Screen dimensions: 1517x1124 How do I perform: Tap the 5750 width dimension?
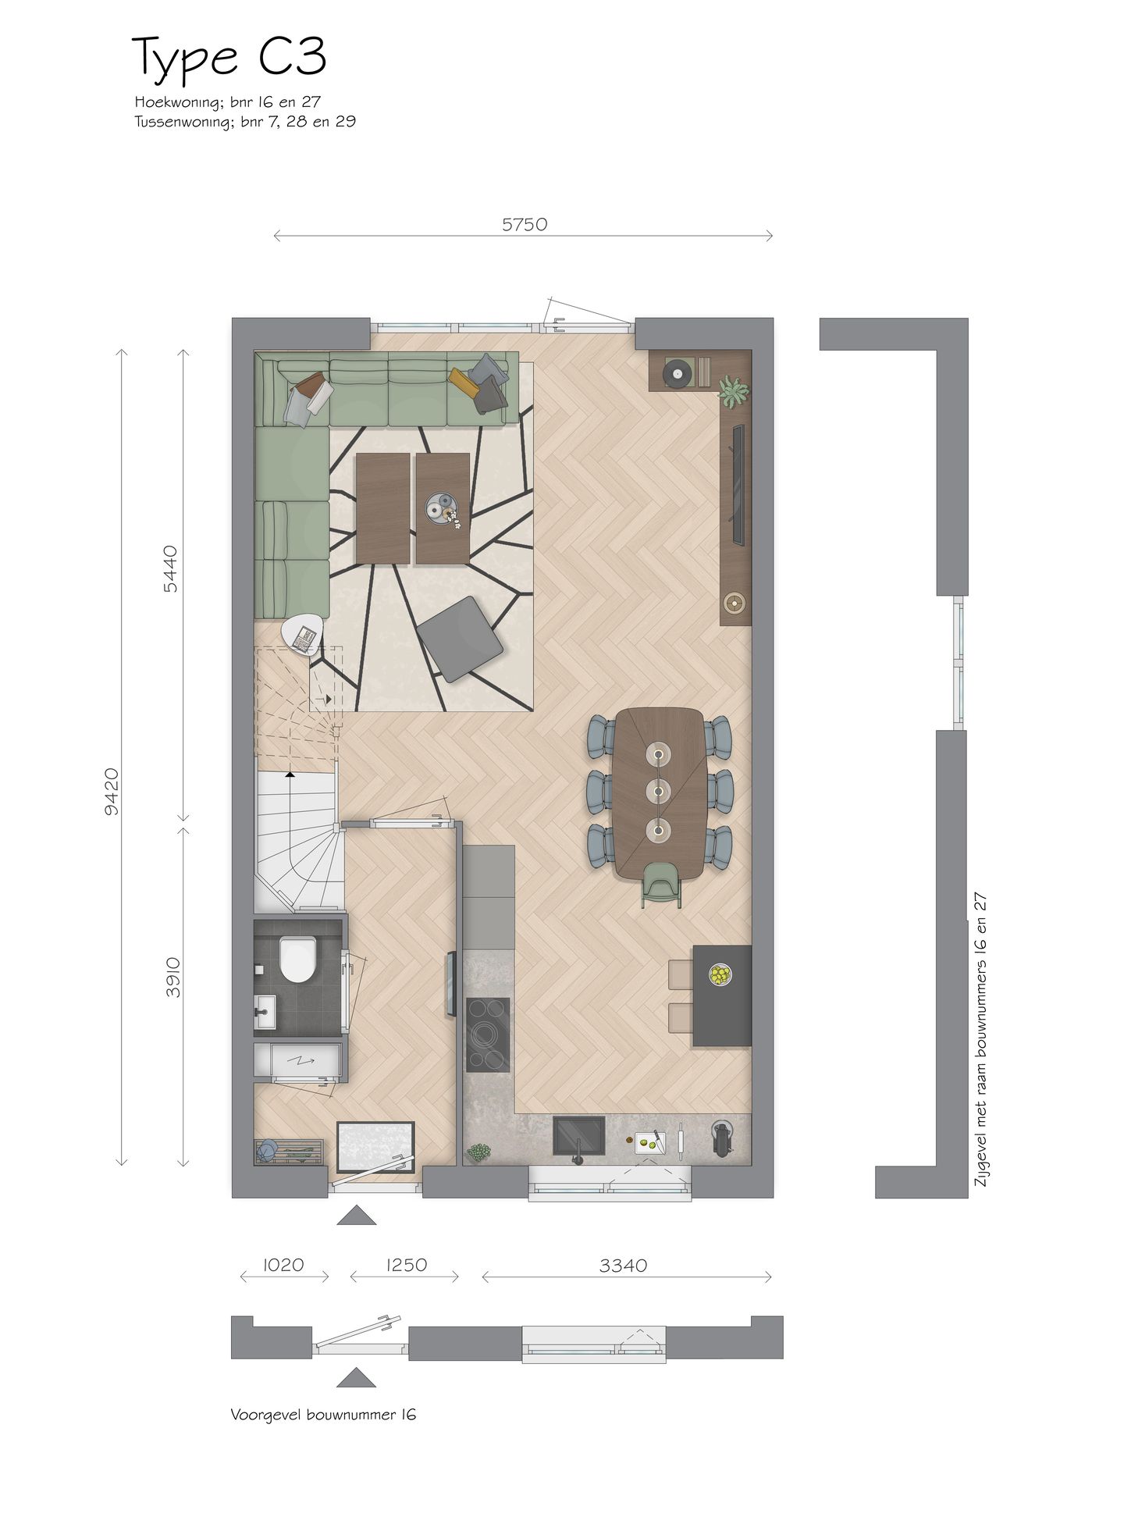point(524,225)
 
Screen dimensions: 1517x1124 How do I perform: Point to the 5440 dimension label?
point(171,568)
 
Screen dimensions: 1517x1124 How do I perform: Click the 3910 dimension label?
point(173,977)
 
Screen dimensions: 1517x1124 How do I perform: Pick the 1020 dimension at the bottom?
point(283,1264)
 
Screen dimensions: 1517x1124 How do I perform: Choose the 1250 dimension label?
point(406,1264)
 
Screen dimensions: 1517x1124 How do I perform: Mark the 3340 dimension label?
point(623,1265)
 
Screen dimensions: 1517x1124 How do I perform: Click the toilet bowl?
point(297,960)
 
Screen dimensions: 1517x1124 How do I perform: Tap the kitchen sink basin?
point(578,1134)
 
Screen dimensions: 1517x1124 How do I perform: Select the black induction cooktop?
point(488,1034)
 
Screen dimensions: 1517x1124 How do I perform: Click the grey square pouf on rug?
point(459,638)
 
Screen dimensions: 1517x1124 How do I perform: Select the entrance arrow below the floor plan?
point(356,1215)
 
